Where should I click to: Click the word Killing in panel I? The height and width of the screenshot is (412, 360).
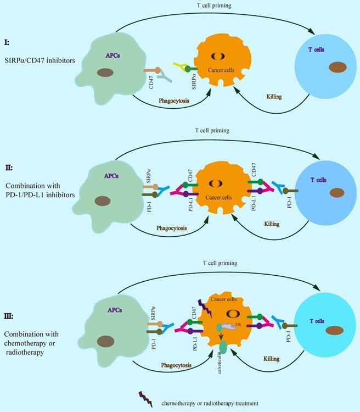pos(273,97)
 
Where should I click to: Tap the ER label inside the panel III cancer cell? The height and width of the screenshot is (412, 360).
pos(239,325)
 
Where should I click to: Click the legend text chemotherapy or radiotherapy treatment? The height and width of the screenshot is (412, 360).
pos(209,403)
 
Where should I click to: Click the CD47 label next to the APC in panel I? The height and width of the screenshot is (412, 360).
pos(151,84)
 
